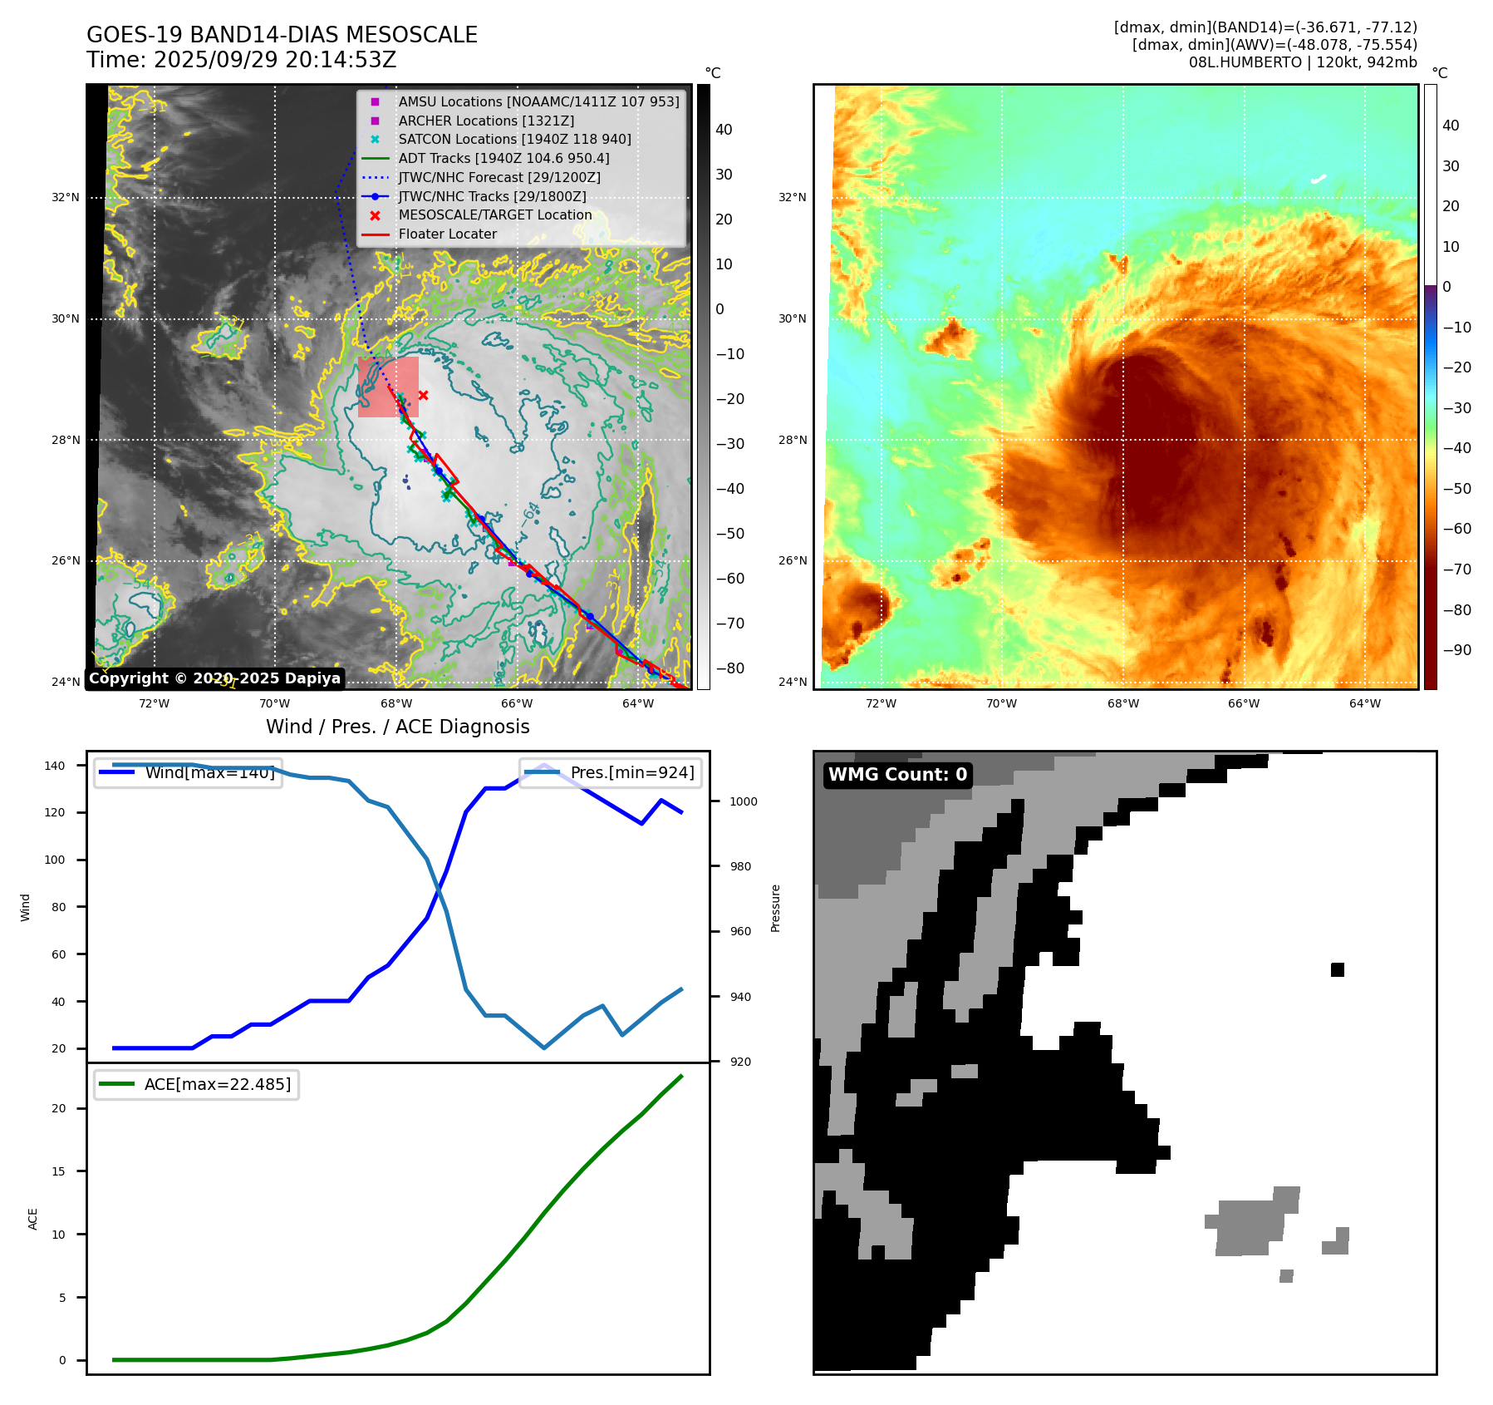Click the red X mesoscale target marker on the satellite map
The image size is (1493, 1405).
click(x=423, y=396)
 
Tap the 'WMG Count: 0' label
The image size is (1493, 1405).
click(x=897, y=775)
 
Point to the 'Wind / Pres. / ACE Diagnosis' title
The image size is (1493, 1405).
click(x=397, y=727)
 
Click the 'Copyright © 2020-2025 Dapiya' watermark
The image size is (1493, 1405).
click(x=214, y=678)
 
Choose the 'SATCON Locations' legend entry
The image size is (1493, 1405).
click(x=514, y=140)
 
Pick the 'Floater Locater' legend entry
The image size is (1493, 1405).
click(x=447, y=234)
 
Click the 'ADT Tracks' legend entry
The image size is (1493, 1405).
click(x=503, y=159)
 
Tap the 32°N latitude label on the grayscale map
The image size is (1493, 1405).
click(x=66, y=198)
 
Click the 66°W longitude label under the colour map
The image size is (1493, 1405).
click(x=1243, y=703)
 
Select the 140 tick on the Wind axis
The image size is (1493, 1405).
click(x=55, y=766)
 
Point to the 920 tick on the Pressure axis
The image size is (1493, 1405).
click(x=739, y=1062)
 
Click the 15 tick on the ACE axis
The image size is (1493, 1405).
click(x=59, y=1171)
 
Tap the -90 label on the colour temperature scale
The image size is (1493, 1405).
click(x=1456, y=650)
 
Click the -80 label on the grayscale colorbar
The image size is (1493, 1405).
click(x=730, y=668)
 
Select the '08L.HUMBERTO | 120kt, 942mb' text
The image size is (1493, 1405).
click(x=1302, y=62)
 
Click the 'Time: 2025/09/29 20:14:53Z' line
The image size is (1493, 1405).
click(x=241, y=60)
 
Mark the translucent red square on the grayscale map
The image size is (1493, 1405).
click(x=388, y=387)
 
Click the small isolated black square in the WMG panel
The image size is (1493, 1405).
click(x=1337, y=969)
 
